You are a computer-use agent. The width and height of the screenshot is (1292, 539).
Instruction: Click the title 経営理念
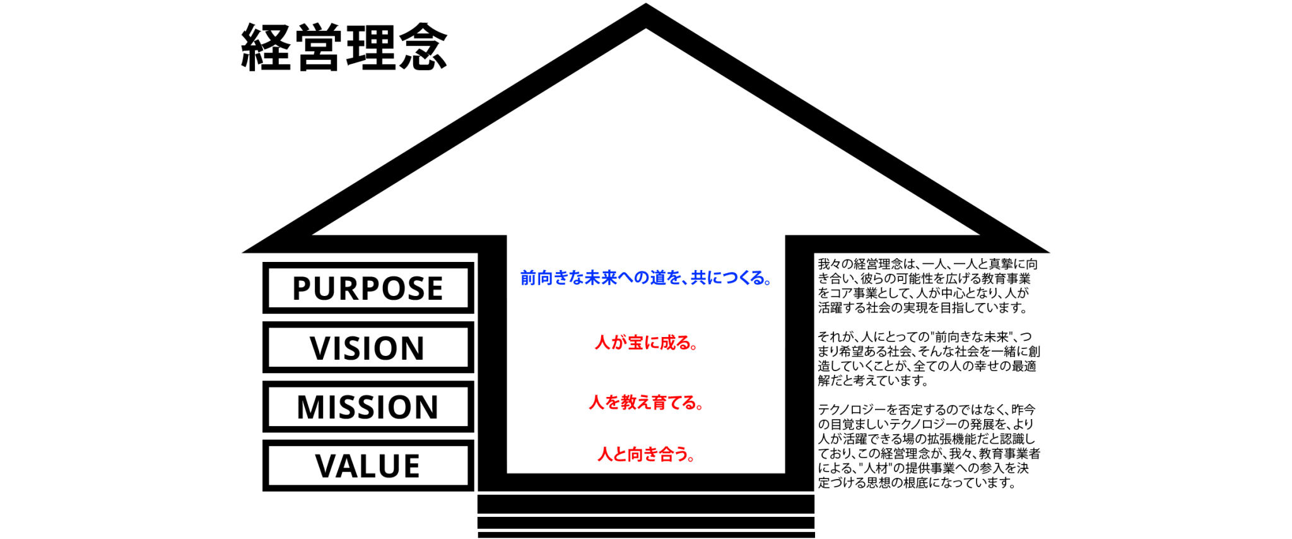coord(344,47)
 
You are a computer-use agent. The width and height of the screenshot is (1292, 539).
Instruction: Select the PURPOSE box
coord(368,288)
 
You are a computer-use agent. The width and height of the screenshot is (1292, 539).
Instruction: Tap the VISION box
coord(368,347)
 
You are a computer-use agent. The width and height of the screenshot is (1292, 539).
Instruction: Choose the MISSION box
coord(368,406)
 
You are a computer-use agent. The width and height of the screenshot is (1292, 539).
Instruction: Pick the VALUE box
coord(368,466)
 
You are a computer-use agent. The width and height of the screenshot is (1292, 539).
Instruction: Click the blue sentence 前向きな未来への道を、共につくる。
coord(646,278)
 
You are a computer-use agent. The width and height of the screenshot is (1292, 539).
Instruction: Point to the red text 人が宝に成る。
coord(646,343)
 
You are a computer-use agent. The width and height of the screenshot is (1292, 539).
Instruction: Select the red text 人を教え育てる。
coord(646,402)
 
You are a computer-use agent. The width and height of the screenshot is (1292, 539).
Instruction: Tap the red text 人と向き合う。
coord(646,454)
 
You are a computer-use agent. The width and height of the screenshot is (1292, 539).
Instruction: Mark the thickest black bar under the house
coord(646,504)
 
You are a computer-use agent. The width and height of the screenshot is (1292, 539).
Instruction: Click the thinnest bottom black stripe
coord(646,535)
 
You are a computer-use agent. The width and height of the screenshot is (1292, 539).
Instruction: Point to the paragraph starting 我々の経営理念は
coord(927,286)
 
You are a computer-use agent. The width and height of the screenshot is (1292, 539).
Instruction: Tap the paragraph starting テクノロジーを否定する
coord(929,446)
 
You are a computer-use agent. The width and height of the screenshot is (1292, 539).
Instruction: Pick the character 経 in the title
coord(266,47)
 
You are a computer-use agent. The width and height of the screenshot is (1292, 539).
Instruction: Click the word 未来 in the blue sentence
coord(601,278)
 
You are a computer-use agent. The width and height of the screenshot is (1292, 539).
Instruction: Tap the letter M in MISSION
coord(311,407)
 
